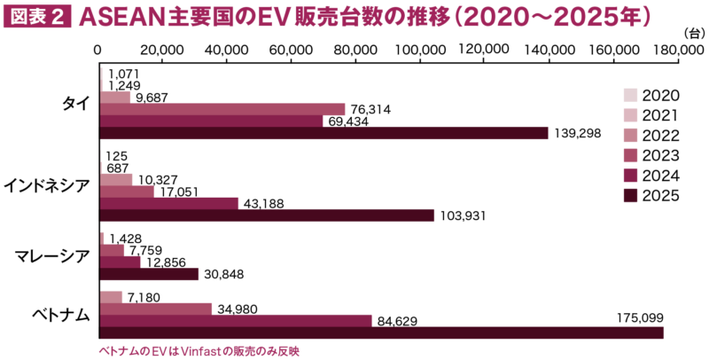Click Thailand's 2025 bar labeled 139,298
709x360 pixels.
click(x=323, y=133)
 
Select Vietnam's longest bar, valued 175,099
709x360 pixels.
click(x=381, y=333)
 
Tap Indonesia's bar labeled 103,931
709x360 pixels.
click(x=267, y=215)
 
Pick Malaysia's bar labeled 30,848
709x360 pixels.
click(x=149, y=274)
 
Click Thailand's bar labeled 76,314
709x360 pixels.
click(x=222, y=109)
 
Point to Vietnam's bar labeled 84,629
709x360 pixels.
click(x=236, y=321)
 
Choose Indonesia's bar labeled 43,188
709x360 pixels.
click(x=169, y=203)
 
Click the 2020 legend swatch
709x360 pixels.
click(x=630, y=95)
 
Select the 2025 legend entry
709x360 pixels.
click(x=651, y=195)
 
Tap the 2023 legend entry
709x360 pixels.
click(x=651, y=155)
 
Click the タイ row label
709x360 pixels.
click(x=75, y=103)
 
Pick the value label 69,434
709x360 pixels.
click(x=349, y=121)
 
